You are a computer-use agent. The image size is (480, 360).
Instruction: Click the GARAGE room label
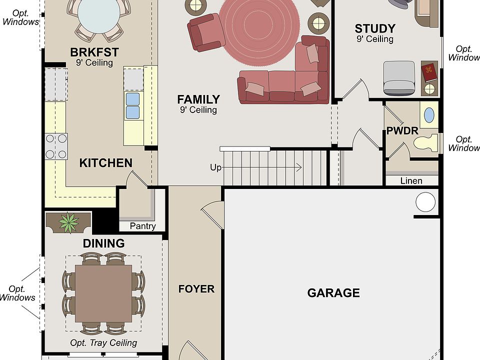pyautogui.click(x=333, y=293)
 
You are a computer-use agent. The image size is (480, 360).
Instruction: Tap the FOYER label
pyautogui.click(x=196, y=289)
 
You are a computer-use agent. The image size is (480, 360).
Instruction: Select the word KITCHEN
pyautogui.click(x=106, y=163)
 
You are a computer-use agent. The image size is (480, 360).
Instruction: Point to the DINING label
pyautogui.click(x=104, y=243)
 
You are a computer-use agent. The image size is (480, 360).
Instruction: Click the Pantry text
pyautogui.click(x=142, y=226)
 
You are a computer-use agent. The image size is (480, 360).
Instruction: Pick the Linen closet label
pyautogui.click(x=411, y=181)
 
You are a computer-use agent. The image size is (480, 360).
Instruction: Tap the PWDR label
pyautogui.click(x=402, y=130)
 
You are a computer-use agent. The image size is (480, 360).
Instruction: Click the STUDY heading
pyautogui.click(x=375, y=28)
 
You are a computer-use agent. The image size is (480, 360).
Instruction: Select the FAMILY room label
pyautogui.click(x=198, y=99)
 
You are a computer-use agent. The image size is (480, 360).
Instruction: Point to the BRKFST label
pyautogui.click(x=94, y=52)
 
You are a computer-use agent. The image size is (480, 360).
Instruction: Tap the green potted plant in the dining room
pyautogui.click(x=68, y=222)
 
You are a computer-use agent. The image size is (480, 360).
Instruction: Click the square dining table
pyautogui.click(x=103, y=293)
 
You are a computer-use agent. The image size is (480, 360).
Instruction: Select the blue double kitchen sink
pyautogui.click(x=132, y=105)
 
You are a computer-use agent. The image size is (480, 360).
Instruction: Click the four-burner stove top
pyautogui.click(x=56, y=146)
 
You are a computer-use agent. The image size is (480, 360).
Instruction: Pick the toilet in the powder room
pyautogui.click(x=426, y=142)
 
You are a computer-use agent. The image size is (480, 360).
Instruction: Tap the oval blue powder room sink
pyautogui.click(x=429, y=115)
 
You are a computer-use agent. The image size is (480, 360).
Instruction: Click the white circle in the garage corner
pyautogui.click(x=425, y=202)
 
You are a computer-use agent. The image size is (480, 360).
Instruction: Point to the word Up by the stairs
pyautogui.click(x=215, y=168)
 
